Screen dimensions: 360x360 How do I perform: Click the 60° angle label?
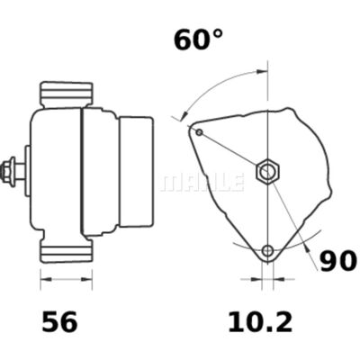[x=198, y=40]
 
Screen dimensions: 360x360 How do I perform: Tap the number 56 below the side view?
[x=60, y=322]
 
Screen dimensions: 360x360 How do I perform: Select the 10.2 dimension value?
[x=260, y=322]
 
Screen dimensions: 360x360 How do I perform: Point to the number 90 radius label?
[x=337, y=261]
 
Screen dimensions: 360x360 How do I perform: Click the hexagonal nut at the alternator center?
[x=267, y=172]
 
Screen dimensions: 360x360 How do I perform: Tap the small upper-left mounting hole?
[x=199, y=132]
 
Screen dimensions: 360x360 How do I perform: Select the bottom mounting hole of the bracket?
[x=267, y=250]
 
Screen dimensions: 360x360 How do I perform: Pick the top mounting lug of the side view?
[x=67, y=94]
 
